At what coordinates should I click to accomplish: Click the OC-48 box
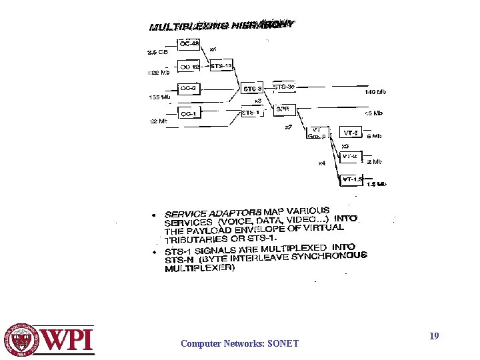point(189,44)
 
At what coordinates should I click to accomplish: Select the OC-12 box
point(190,67)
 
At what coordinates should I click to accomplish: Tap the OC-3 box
point(189,88)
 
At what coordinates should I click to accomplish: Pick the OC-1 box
point(189,114)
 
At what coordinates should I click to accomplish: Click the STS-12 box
point(221,66)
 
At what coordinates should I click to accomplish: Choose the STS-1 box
point(250,113)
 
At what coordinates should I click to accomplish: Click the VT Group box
point(315,133)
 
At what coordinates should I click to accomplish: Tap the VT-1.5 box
point(351,179)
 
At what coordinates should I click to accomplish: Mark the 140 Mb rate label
point(373,93)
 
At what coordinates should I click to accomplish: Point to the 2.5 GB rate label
point(158,51)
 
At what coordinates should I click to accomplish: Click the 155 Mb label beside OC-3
point(159,97)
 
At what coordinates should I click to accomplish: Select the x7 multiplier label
point(288,127)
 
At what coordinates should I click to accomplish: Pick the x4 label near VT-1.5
point(321,163)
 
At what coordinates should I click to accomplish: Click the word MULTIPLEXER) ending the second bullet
point(200,268)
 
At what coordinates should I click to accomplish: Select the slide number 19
point(434,336)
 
